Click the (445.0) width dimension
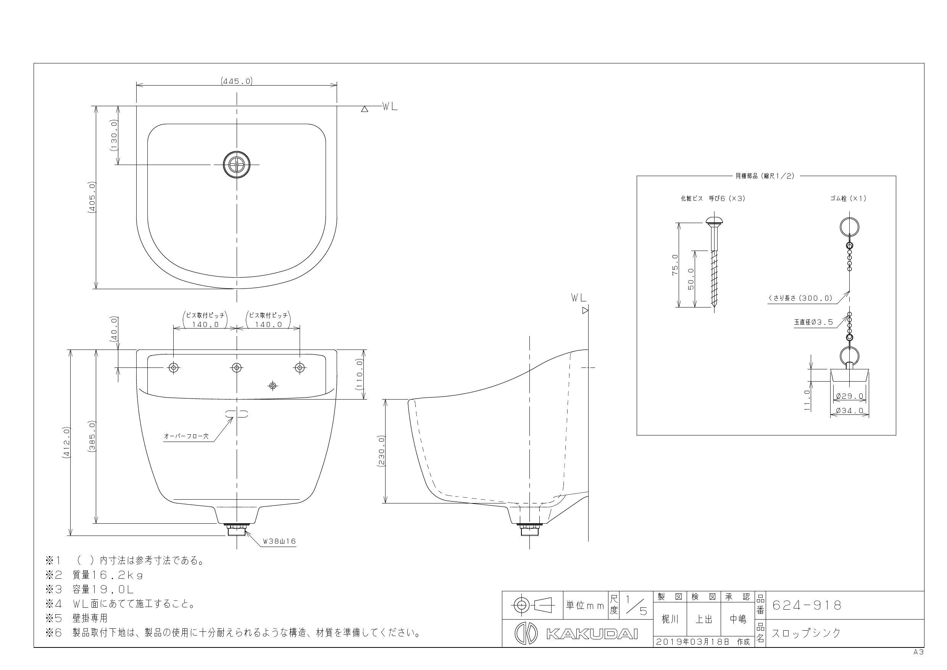pyautogui.click(x=236, y=81)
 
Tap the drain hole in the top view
pyautogui.click(x=237, y=164)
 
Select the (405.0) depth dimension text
pyautogui.click(x=92, y=197)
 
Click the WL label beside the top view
pyautogui.click(x=389, y=107)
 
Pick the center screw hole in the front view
pyautogui.click(x=237, y=367)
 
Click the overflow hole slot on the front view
pyautogui.click(x=236, y=413)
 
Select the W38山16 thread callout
pyautogui.click(x=280, y=541)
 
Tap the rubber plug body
pyautogui.click(x=849, y=375)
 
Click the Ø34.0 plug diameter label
pyautogui.click(x=849, y=411)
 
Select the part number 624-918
pyautogui.click(x=807, y=605)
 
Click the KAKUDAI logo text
pyautogui.click(x=592, y=634)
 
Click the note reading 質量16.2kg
pyautogui.click(x=108, y=575)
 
